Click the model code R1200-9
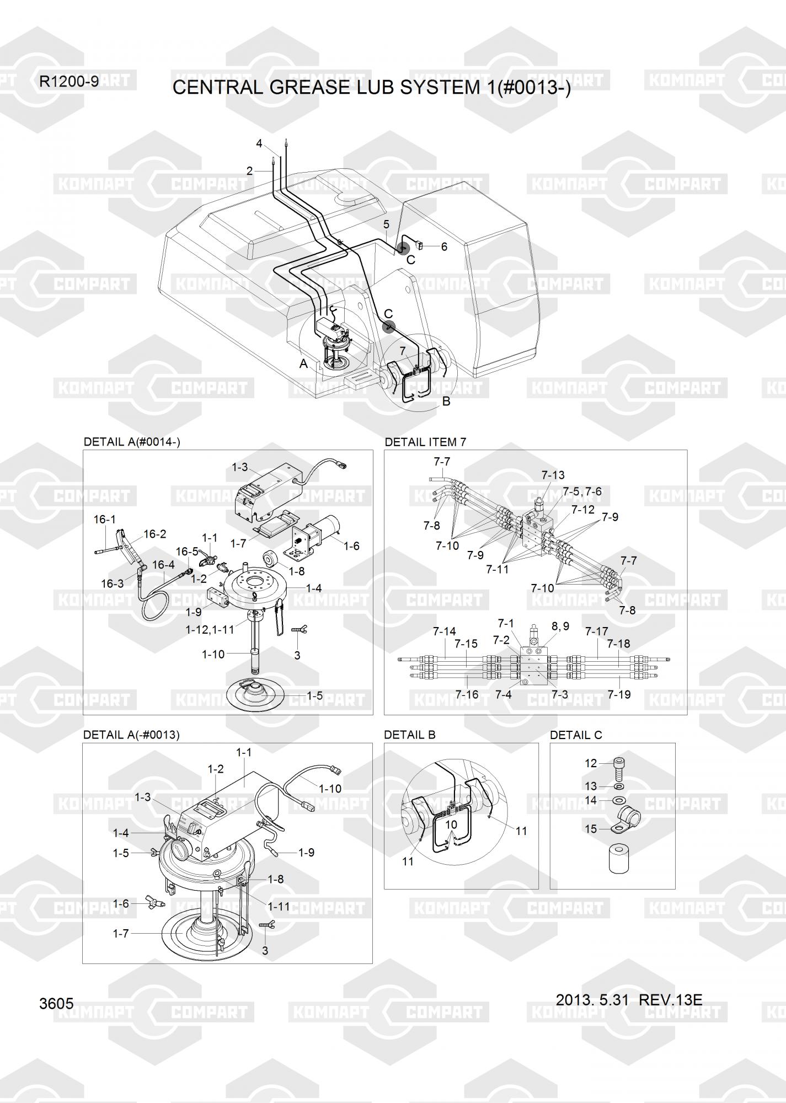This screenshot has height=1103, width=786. (69, 82)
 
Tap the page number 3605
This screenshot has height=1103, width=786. (56, 1003)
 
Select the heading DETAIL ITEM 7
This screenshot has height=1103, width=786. (425, 442)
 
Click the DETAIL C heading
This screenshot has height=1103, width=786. (576, 735)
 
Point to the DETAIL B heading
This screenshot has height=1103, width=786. (410, 735)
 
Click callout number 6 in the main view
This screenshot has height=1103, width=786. (444, 247)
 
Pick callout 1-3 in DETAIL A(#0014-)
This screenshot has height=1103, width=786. (239, 467)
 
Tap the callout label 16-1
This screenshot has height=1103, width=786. (105, 519)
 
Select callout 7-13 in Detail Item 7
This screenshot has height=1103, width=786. (553, 475)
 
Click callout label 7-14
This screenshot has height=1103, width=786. (444, 631)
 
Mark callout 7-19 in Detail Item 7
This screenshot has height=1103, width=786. (619, 694)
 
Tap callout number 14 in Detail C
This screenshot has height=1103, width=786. (591, 800)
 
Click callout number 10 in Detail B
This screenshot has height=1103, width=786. (451, 824)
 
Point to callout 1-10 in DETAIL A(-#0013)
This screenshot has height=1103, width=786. (330, 789)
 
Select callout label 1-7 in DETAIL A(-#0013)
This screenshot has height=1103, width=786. (121, 934)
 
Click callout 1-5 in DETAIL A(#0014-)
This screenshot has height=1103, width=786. (314, 696)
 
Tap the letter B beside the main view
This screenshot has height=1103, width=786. (446, 401)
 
